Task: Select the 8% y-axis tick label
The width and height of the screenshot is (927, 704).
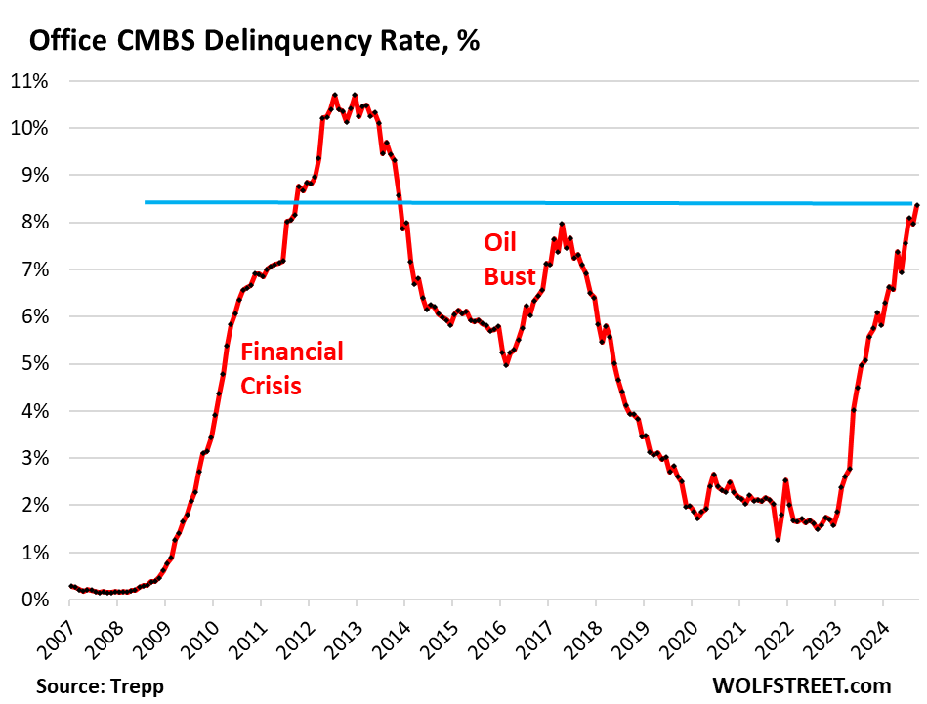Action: pos(33,223)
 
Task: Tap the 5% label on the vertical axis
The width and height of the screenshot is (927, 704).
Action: pos(33,364)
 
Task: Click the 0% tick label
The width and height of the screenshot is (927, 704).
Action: pos(33,600)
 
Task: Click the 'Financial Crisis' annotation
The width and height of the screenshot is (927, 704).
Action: pos(291,368)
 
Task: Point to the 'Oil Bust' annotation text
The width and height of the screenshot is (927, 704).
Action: pos(510,259)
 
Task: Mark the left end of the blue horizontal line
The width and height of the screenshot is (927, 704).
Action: pos(146,202)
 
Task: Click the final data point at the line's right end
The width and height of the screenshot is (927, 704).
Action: pos(917,205)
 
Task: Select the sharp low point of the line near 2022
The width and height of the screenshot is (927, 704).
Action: pos(778,539)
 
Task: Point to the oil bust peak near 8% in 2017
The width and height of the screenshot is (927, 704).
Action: pos(562,225)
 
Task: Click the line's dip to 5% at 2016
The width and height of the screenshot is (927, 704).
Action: pos(506,364)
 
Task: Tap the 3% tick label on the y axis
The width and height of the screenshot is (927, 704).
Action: pos(33,458)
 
